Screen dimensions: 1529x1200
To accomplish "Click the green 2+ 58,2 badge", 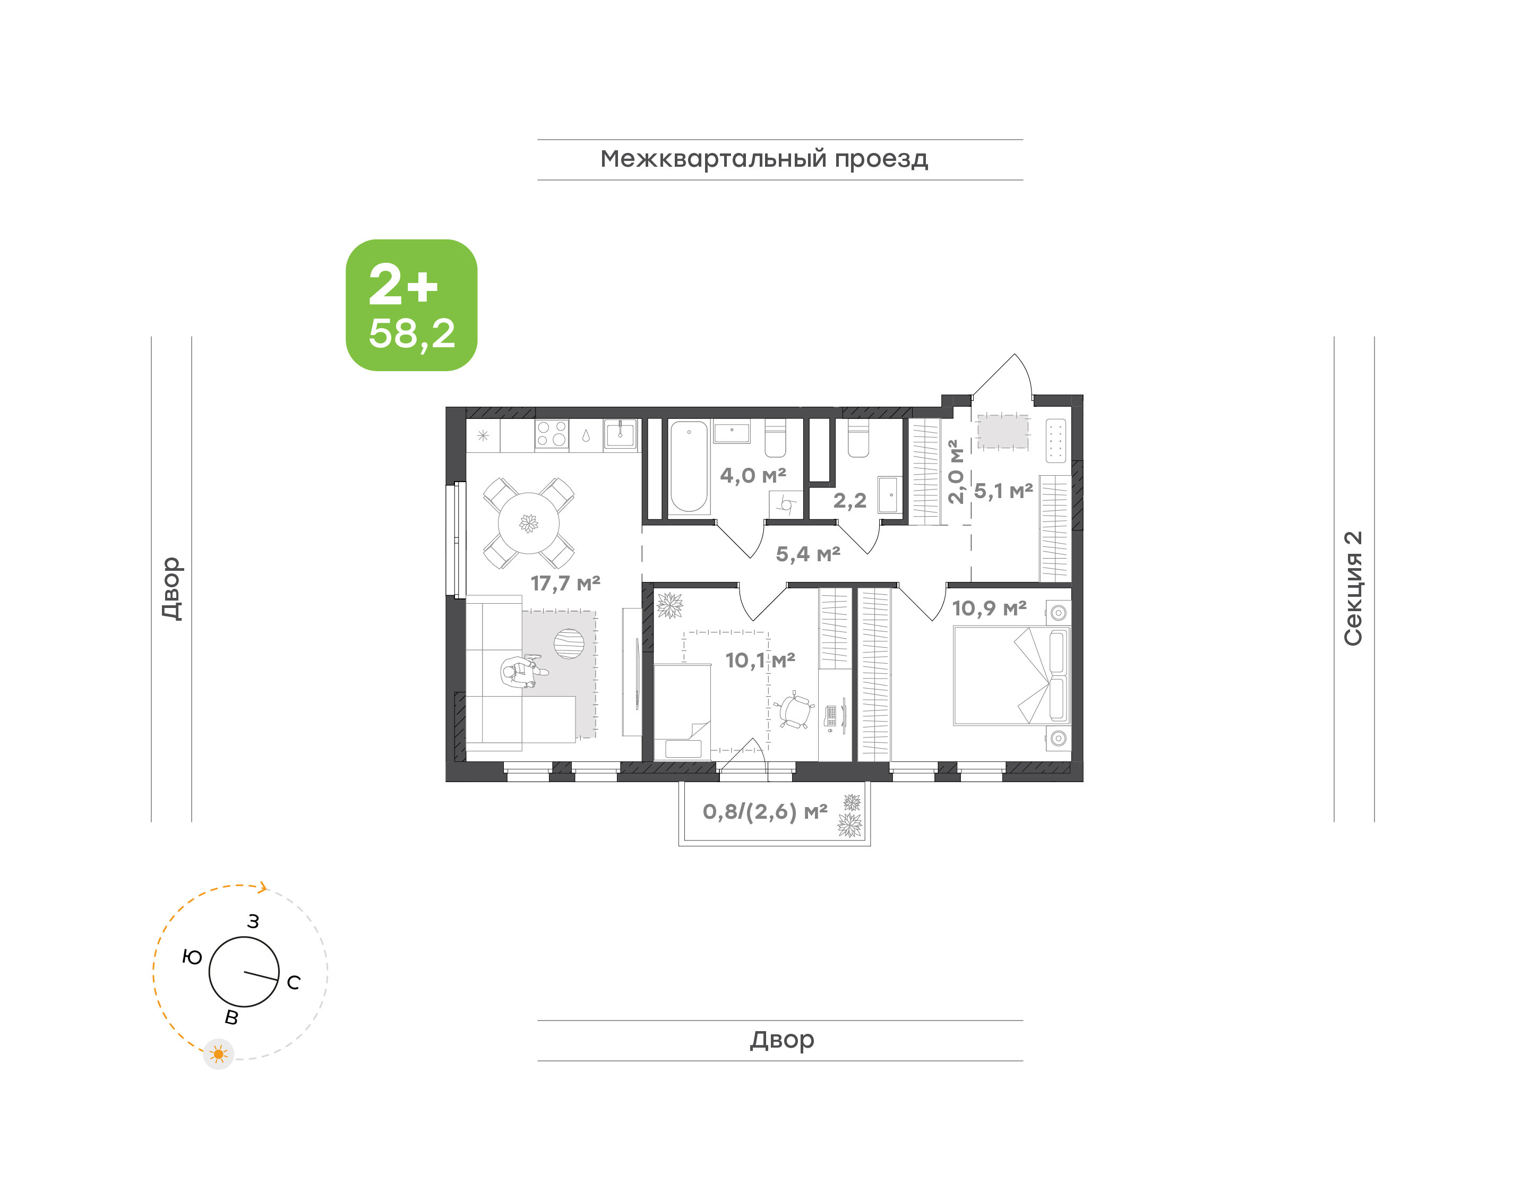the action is tap(411, 305).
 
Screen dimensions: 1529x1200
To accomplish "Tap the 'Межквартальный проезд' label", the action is tap(764, 159).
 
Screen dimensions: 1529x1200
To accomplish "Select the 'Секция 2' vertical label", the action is tap(1353, 589).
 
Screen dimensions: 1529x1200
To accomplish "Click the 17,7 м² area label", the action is tap(565, 583).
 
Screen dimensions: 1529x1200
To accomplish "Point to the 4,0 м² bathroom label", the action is tap(753, 476).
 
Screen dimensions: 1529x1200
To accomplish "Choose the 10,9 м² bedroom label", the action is tap(989, 608).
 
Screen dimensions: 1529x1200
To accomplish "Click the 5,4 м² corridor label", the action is tap(808, 554).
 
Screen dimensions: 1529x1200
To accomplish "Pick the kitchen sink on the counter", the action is tap(620, 433).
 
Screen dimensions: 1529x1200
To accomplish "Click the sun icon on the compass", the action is tap(218, 1054).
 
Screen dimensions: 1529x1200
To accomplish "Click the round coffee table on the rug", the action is tap(569, 644).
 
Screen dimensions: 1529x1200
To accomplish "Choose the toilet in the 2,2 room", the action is tap(858, 440).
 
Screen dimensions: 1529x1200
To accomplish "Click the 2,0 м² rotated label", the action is tap(955, 472).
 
